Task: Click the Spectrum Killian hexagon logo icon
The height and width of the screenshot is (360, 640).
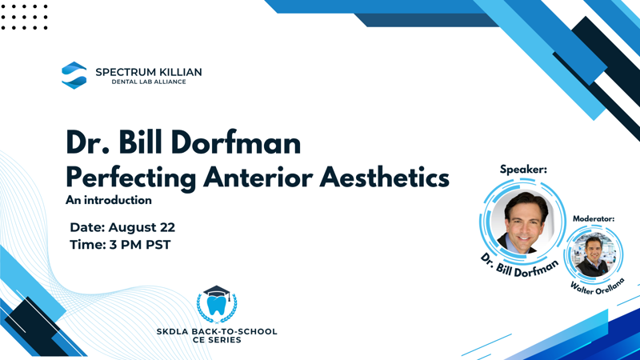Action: (74, 75)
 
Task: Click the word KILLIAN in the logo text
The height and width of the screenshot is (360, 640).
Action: (180, 72)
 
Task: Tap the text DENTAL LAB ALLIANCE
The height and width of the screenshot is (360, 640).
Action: (149, 82)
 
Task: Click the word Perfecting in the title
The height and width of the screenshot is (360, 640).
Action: (131, 178)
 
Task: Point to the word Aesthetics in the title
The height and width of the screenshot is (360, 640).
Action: (384, 177)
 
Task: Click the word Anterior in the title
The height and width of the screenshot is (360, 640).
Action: (258, 177)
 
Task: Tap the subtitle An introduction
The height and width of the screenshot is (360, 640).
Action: (109, 200)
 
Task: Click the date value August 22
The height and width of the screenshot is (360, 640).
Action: (142, 227)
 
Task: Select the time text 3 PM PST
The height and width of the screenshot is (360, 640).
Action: (140, 245)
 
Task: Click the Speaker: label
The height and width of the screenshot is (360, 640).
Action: (523, 170)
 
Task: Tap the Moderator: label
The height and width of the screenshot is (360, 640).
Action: (594, 218)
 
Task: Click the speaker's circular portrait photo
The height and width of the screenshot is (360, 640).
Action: (523, 222)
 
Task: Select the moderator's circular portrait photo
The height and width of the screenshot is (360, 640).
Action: (594, 254)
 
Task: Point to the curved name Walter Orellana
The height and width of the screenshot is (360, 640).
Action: (598, 287)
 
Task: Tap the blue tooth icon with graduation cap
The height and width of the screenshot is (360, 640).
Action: (217, 304)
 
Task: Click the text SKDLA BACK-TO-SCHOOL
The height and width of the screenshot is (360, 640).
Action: (217, 331)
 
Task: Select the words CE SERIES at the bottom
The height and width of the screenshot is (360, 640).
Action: (217, 340)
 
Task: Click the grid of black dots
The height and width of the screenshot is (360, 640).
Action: (24, 17)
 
